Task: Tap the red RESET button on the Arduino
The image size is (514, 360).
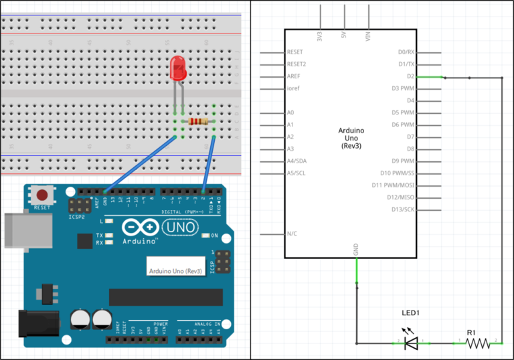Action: coord(42,195)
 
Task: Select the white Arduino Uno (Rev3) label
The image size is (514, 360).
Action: coord(175,271)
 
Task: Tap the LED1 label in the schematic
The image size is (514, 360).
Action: coord(411,312)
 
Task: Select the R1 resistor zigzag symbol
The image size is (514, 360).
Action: coord(478,343)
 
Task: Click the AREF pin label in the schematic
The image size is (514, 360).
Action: coord(294,76)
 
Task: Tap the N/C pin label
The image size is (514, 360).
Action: coord(292,234)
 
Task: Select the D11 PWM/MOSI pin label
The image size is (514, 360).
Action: coord(394,185)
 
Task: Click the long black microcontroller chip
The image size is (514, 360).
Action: coord(166,296)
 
